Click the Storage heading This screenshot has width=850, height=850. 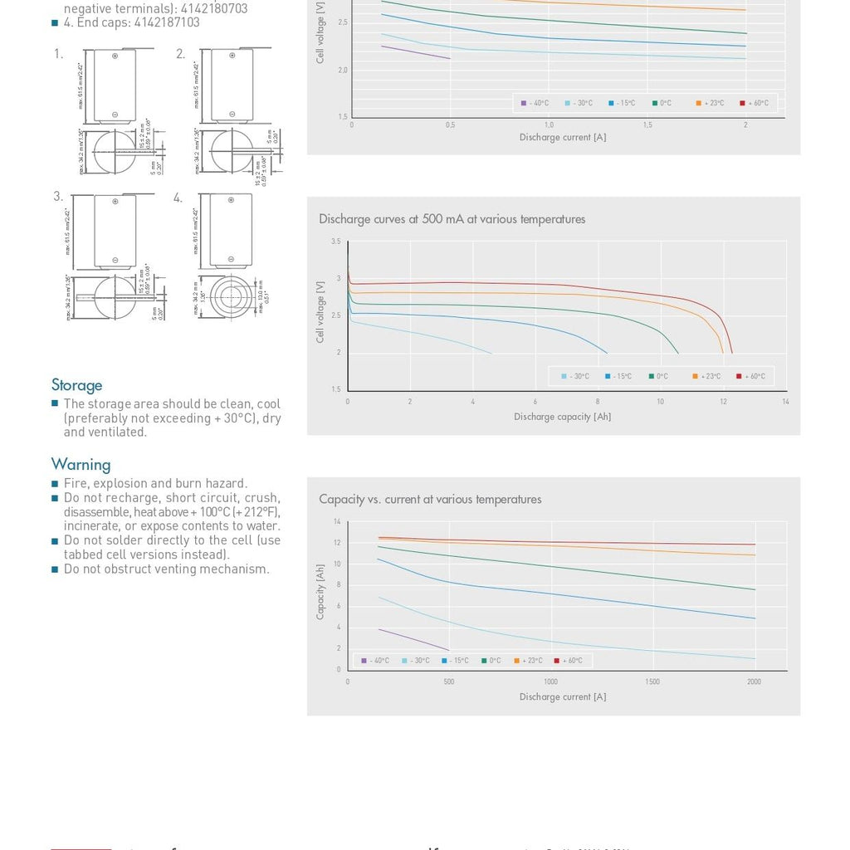point(77,385)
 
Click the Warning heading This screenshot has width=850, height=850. point(81,464)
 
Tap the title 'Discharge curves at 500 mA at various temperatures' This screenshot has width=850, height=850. point(452,219)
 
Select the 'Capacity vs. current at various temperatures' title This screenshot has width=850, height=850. point(430,499)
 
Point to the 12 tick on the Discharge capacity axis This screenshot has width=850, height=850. point(723,402)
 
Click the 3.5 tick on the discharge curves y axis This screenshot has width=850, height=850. point(335,242)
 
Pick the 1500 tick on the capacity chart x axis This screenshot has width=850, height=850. point(652,681)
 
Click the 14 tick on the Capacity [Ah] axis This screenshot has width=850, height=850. point(337,521)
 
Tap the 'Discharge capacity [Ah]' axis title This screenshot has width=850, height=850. point(562,417)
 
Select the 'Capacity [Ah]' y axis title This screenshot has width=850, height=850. point(320,592)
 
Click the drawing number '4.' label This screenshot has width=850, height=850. point(178,198)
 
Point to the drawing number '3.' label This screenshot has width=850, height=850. point(58,197)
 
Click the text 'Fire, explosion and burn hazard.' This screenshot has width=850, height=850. point(155,483)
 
